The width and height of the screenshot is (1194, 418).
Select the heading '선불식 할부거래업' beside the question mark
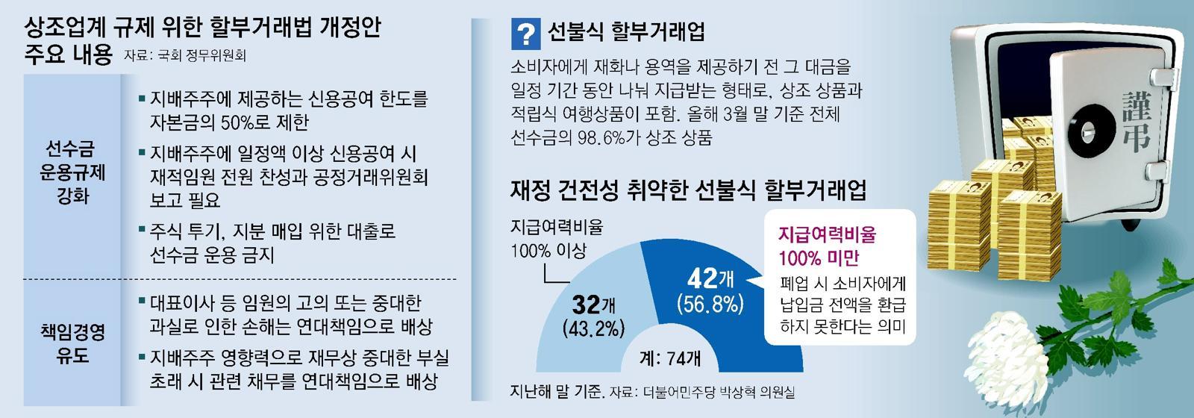pyautogui.click(x=626, y=33)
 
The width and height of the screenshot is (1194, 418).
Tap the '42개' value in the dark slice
pyautogui.click(x=710, y=280)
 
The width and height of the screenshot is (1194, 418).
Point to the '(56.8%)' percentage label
pyautogui.click(x=710, y=304)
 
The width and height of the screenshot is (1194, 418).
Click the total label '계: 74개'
pyautogui.click(x=670, y=358)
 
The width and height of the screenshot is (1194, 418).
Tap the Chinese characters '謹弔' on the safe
pyautogui.click(x=1135, y=119)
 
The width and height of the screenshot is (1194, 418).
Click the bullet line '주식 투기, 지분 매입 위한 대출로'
pyautogui.click(x=272, y=231)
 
